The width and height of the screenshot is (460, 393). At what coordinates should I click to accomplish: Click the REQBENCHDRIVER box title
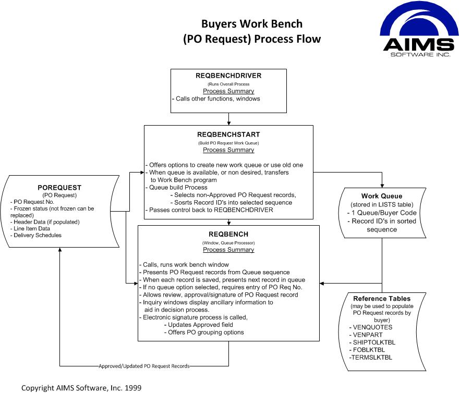[228, 76]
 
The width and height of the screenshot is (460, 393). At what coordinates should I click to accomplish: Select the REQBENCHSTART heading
[228, 134]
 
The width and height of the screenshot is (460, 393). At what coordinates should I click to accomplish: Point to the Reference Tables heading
[382, 299]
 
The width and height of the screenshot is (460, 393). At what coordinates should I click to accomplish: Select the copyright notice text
[81, 388]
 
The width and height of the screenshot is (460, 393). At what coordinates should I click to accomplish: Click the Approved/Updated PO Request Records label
[144, 366]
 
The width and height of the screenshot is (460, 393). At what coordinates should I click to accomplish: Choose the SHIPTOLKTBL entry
[374, 342]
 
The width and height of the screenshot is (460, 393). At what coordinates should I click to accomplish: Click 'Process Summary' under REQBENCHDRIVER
[228, 91]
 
